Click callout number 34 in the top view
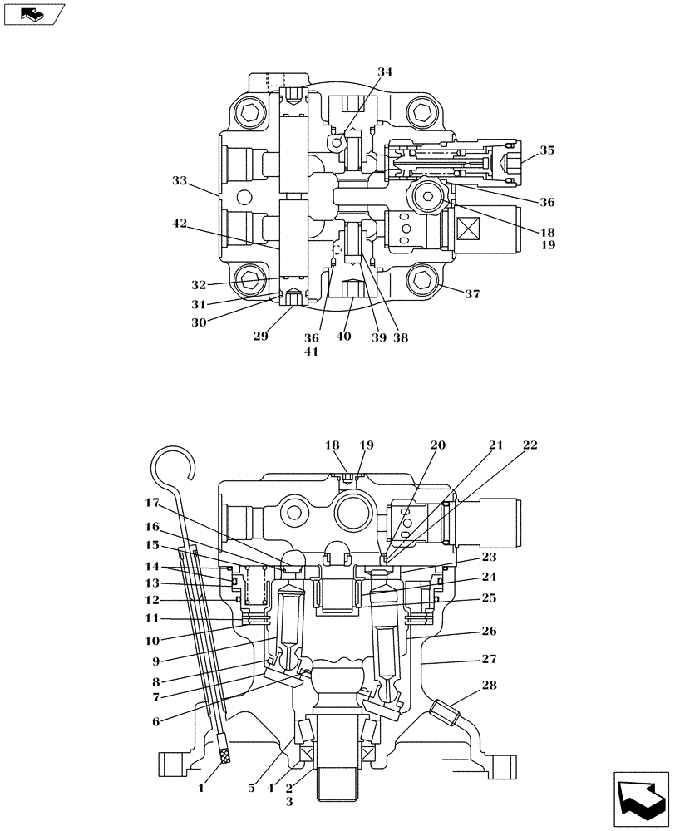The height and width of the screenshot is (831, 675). tap(384, 72)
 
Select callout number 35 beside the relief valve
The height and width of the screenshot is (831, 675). tap(546, 150)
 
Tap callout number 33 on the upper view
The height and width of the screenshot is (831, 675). tap(180, 180)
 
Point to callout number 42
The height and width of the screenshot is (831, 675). tap(180, 224)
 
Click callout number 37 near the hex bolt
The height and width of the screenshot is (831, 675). tap(472, 293)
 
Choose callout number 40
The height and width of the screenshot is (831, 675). tap(343, 337)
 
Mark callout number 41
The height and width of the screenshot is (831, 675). tap(311, 352)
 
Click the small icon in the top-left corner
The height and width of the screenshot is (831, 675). tap(33, 14)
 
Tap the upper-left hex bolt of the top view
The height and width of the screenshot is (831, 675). tap(248, 111)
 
